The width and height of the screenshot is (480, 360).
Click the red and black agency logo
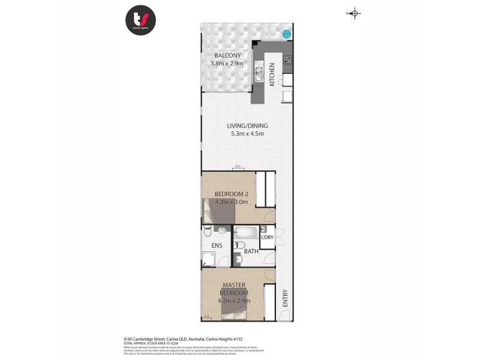(x=140, y=20)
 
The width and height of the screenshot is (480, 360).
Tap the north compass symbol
(x=354, y=14)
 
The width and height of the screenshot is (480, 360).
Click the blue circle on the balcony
(x=286, y=34)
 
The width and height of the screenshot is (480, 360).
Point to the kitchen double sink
(x=259, y=74)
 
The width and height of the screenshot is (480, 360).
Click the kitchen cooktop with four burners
(x=287, y=59)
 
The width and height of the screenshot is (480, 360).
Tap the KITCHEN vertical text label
(x=272, y=74)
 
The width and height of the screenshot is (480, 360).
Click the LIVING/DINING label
(x=247, y=126)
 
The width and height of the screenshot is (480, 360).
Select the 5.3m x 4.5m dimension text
(x=247, y=134)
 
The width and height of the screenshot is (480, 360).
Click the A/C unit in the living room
(x=238, y=167)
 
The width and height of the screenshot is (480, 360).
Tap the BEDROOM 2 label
(x=230, y=194)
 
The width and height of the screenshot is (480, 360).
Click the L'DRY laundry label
(x=268, y=238)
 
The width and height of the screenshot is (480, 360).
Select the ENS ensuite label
(x=217, y=246)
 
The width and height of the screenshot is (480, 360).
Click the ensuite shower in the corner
(x=208, y=259)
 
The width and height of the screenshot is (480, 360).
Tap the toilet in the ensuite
(x=208, y=231)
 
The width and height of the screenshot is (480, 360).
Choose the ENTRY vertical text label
(x=285, y=298)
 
